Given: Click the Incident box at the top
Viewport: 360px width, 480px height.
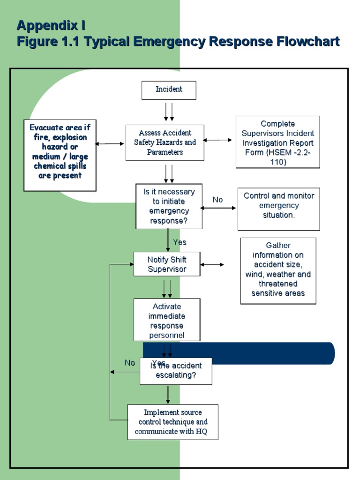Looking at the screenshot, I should coord(169,90).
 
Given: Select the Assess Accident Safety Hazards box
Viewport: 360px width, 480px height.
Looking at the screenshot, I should coord(165,142).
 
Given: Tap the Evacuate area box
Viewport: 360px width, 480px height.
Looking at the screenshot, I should coord(60,155).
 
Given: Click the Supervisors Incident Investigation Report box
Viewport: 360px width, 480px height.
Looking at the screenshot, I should coord(277,142).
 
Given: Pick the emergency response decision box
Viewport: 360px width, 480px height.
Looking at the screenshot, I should coord(169,206).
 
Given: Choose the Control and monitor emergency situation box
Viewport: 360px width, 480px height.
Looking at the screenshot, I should coord(278,210).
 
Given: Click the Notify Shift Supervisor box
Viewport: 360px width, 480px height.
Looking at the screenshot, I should coord(167,264).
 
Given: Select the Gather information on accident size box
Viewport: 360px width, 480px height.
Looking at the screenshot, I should coord(278,270).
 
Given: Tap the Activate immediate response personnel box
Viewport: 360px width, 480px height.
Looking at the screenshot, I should coord(167,320).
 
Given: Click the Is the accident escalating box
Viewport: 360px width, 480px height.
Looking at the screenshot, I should coord(176,371).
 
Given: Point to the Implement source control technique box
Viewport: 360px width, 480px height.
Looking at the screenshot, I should coord(172,422).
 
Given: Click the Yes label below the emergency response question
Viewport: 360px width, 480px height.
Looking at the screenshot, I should coord(180,242).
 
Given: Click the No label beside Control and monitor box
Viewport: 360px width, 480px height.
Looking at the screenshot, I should coord(217,200).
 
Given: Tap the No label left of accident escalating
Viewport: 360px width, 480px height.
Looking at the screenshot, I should coord(130,363).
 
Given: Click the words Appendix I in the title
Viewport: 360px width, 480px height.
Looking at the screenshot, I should coord(51,25).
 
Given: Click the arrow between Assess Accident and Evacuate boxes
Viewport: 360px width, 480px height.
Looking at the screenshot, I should coord(111,144).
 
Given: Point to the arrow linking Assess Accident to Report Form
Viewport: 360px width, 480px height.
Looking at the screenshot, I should coord(217,140).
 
